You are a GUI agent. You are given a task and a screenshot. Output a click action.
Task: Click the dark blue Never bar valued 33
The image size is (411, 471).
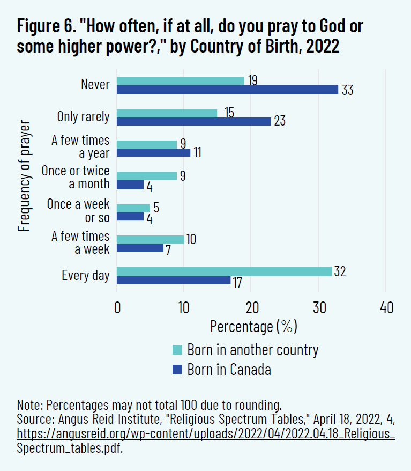227,90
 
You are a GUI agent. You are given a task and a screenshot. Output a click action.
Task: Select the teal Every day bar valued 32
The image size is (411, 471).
224,271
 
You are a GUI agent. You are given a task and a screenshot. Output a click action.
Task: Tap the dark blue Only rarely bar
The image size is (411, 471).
193,121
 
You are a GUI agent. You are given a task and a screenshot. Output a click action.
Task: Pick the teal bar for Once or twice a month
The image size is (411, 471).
146,175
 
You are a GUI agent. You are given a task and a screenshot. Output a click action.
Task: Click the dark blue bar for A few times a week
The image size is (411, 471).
140,248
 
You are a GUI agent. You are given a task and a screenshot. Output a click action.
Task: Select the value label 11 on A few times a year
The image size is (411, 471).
197,153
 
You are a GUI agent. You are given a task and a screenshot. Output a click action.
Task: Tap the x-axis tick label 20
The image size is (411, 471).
251,308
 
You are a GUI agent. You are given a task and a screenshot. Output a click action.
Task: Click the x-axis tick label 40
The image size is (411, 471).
386,308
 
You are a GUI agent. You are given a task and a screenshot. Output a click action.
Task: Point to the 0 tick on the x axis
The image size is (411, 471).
117,308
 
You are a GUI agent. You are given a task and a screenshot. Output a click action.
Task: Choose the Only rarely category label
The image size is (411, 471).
83,116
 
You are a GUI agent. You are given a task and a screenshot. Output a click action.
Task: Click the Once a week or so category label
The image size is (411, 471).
78,210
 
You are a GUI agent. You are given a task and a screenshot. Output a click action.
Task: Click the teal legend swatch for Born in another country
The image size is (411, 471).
177,350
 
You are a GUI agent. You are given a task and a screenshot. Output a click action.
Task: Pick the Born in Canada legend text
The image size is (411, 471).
229,370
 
